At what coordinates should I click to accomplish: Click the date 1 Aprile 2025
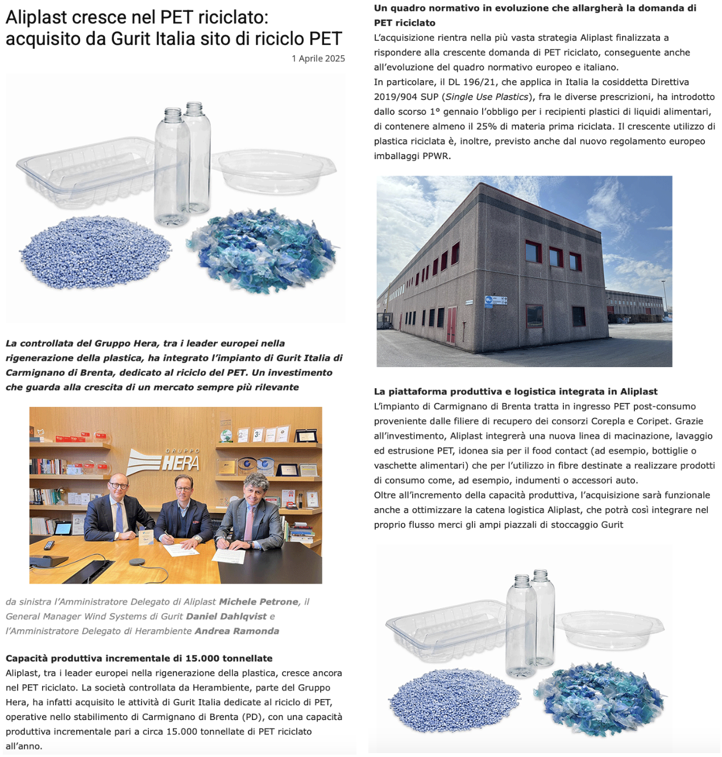318,59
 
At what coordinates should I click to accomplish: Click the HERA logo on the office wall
165,461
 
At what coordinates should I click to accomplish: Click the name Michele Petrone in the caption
259,602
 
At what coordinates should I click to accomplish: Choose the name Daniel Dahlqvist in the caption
226,617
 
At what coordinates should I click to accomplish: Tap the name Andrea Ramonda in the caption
236,631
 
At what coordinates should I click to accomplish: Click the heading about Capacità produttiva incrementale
139,659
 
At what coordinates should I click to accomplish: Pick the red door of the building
451,325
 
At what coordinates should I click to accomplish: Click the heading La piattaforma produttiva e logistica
516,392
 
